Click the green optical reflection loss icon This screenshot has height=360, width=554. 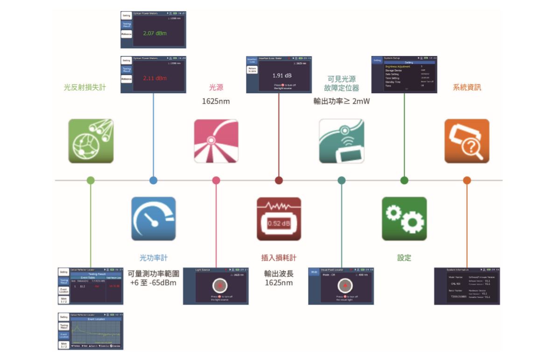(x=91, y=141)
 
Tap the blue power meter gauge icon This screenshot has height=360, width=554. (x=154, y=219)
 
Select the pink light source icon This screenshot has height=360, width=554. (x=216, y=141)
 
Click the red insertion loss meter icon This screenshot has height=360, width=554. (x=279, y=219)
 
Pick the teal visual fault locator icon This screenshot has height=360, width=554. (x=341, y=141)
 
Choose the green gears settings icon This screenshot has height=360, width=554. (x=404, y=219)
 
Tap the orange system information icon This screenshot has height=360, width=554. (x=467, y=141)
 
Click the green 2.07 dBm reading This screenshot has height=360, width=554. (x=155, y=34)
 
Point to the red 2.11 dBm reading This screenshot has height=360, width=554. (x=155, y=78)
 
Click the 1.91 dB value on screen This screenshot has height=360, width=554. (x=282, y=75)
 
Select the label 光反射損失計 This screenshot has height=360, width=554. (x=85, y=87)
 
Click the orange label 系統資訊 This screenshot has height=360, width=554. (x=467, y=87)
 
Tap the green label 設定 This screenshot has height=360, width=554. (x=404, y=257)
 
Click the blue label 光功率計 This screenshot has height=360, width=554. (x=154, y=257)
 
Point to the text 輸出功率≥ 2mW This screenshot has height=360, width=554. (x=341, y=100)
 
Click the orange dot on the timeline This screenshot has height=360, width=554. (x=467, y=180)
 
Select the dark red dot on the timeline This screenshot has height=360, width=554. (x=279, y=180)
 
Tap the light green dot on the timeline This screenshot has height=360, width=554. (x=91, y=180)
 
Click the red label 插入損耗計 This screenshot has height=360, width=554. (x=279, y=257)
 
